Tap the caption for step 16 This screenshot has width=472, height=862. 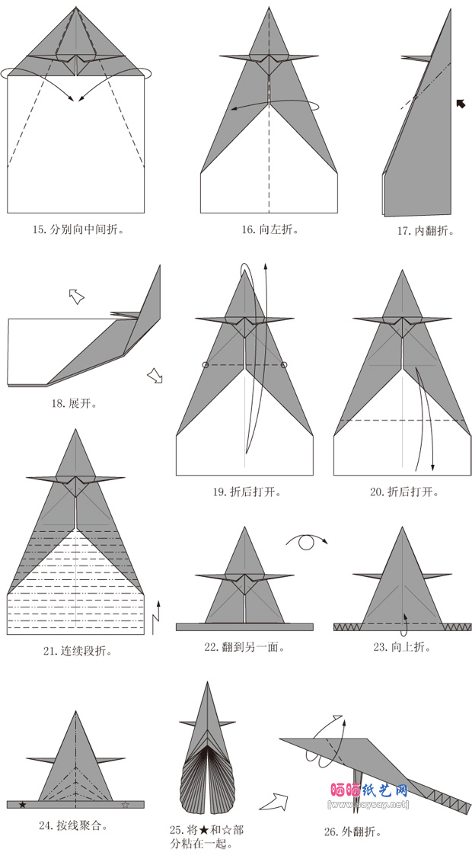click(x=269, y=229)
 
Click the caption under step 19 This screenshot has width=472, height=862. click(x=246, y=492)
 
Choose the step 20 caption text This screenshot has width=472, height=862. click(x=404, y=492)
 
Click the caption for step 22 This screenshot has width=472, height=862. click(x=244, y=647)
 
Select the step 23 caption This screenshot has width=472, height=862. click(x=401, y=647)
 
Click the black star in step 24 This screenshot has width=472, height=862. click(x=22, y=804)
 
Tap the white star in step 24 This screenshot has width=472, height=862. click(x=126, y=804)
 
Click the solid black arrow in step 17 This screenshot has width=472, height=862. click(x=460, y=103)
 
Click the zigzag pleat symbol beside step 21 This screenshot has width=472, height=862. click(x=158, y=617)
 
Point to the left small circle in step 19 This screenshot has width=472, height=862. click(x=206, y=365)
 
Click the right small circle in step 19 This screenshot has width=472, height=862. click(x=284, y=365)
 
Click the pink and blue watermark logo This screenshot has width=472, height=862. click(x=369, y=790)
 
